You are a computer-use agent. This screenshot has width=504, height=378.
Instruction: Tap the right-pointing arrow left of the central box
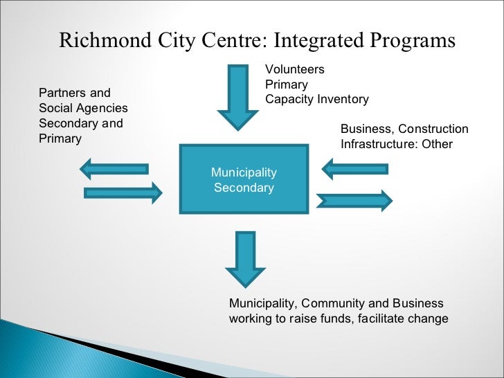point(123,192)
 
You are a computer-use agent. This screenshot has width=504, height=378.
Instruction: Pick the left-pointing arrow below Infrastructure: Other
point(355,168)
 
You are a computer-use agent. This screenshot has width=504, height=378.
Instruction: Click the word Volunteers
point(295,69)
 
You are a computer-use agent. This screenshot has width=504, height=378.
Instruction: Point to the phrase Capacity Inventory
point(317,99)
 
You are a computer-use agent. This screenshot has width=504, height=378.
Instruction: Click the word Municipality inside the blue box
point(244,172)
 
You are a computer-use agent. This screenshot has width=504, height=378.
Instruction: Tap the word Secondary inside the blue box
point(244,188)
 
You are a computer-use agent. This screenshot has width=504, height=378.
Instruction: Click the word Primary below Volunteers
point(287,84)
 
